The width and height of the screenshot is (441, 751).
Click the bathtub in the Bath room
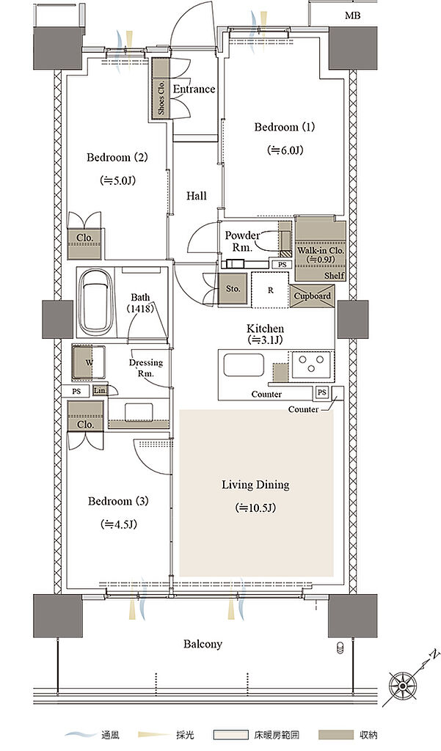pos(95,303)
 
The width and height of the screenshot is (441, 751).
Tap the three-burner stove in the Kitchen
pos(311,364)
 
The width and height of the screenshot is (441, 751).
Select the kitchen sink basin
pos(244,365)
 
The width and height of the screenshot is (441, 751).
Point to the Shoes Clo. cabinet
pos(161,88)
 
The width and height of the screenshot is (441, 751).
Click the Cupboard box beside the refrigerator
pos(312,296)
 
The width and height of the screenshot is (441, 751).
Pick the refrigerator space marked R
pos(270,290)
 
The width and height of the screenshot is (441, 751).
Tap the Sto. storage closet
pos(233,288)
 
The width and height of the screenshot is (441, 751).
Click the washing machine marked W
pos(89,362)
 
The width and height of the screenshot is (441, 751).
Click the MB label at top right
pos(352,16)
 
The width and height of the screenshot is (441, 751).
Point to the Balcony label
pos(203,644)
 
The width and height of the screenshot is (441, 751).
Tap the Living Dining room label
pos(255,485)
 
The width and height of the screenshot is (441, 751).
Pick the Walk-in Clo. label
pos(321,251)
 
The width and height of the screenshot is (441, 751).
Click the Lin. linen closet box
pos(99,391)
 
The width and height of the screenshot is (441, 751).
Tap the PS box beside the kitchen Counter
pos(322,393)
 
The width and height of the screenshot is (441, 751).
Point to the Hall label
pos(197,195)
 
